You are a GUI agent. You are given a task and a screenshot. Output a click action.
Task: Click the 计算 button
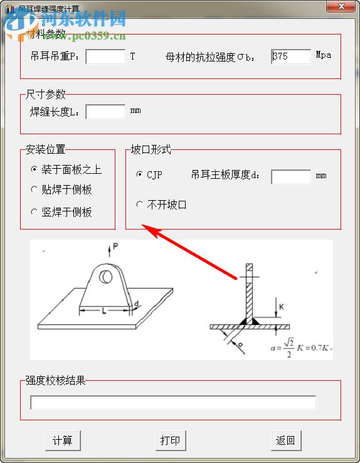pos(63,440)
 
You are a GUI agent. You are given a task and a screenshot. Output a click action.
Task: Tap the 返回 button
pos(285,440)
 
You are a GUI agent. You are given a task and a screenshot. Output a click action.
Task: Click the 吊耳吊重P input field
pos(105,56)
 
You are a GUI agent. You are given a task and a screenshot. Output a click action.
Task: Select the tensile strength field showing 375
pos(291,56)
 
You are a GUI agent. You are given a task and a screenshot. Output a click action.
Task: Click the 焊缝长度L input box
pos(105,112)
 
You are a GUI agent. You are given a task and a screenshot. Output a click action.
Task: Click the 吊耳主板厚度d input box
pos(291,176)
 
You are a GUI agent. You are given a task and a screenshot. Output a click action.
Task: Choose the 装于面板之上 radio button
pos(34,169)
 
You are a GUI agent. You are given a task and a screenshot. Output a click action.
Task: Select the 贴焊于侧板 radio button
pos(34,189)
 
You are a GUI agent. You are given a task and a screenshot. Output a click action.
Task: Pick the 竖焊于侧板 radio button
pos(34,212)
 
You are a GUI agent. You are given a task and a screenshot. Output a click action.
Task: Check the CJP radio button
pos(139,175)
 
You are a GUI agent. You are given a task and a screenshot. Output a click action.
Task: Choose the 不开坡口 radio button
pos(139,205)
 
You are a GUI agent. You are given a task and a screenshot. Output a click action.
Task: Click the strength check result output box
pos(173,402)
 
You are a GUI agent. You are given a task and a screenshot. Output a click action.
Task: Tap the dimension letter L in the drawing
pos(104,311)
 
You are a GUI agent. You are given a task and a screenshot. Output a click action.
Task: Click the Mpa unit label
pos(324,55)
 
